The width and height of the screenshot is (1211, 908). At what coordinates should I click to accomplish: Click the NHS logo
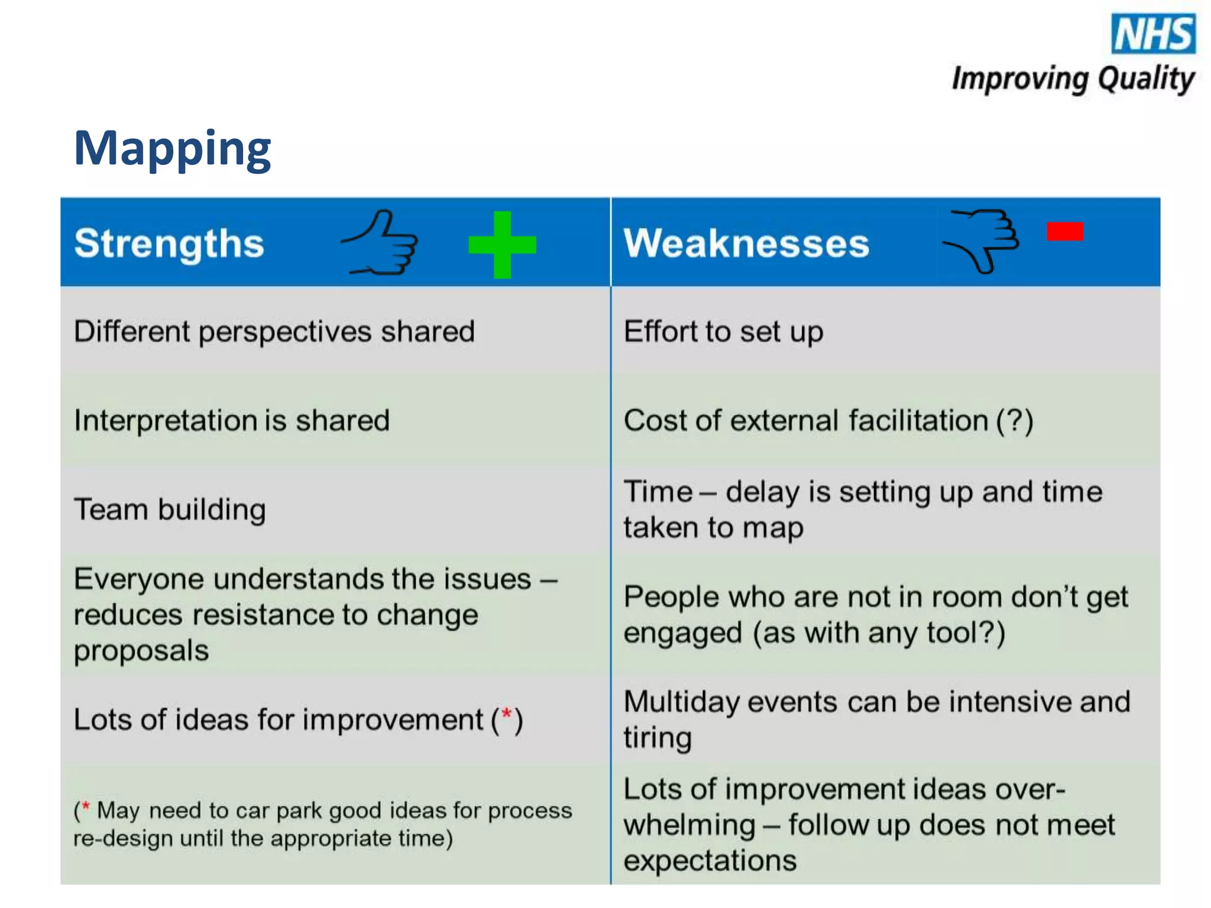point(1153,34)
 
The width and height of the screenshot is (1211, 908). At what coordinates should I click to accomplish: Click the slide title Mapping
point(172,148)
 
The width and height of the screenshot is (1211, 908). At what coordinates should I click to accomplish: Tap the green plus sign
point(502,244)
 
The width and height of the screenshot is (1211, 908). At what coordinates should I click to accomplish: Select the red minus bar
point(1064,231)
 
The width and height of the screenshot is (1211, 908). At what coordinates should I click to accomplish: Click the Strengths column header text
point(169,243)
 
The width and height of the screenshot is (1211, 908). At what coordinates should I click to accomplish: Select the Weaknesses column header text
point(746,243)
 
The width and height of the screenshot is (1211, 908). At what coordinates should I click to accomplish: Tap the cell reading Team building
point(170,510)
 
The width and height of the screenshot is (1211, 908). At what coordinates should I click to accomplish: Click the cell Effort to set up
point(723,332)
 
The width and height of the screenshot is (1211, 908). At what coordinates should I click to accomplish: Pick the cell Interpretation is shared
point(232,421)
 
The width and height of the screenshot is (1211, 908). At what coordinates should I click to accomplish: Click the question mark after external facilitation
point(1015,421)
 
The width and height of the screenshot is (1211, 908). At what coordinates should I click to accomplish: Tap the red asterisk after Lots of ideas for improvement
point(507,715)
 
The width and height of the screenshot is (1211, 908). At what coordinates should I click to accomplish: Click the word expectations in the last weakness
point(710,861)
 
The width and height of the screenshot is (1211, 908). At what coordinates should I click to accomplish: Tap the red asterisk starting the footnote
point(86,806)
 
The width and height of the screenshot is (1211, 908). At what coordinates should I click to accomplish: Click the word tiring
point(658,738)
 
